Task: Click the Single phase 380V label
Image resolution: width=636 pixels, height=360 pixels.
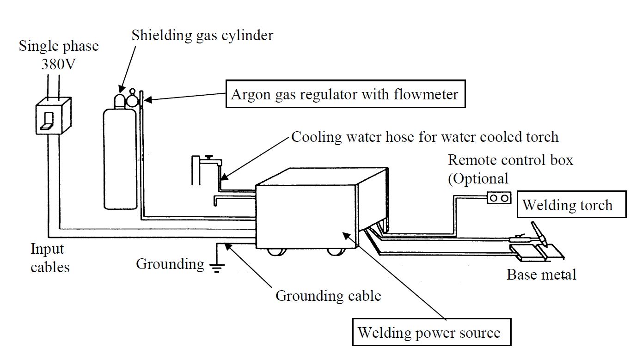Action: click(x=59, y=55)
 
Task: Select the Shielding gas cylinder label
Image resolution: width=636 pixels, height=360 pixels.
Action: click(x=202, y=35)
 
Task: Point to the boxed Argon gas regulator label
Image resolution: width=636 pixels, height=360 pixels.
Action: click(x=345, y=95)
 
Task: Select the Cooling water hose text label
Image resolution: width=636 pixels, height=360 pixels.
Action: click(x=425, y=137)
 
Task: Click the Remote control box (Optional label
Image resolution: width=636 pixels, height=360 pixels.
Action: click(x=510, y=169)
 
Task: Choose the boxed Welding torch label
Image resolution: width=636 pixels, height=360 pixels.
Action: click(x=571, y=205)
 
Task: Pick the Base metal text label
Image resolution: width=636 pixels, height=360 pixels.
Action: click(x=541, y=275)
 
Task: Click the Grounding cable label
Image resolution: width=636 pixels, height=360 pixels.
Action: click(x=328, y=296)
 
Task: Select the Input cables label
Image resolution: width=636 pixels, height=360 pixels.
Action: click(x=50, y=258)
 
